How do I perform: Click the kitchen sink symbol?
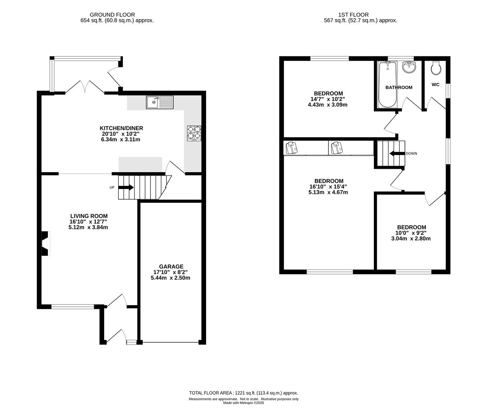click(x=159, y=102)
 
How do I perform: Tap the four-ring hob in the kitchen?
click(x=194, y=133)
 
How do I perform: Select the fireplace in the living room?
click(x=46, y=243)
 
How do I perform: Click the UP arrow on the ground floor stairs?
click(x=126, y=187)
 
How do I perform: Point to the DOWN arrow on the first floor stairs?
click(x=397, y=154)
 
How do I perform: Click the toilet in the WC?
click(x=436, y=68)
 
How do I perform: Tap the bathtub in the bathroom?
click(x=387, y=84)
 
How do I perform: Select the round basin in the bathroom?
click(x=410, y=67)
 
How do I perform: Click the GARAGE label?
click(x=171, y=266)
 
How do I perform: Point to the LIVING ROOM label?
click(x=89, y=216)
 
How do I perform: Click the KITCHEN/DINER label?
click(x=121, y=128)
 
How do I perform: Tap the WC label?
click(x=435, y=84)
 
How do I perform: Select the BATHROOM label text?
click(x=399, y=87)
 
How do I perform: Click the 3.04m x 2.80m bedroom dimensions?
click(x=411, y=238)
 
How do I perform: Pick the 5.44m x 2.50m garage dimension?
click(x=170, y=278)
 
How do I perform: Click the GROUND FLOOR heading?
click(x=112, y=15)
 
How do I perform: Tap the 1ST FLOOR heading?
click(x=354, y=15)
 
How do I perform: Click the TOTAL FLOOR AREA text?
click(x=243, y=393)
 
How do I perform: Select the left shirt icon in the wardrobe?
click(x=292, y=148)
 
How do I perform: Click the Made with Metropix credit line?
click(x=243, y=403)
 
